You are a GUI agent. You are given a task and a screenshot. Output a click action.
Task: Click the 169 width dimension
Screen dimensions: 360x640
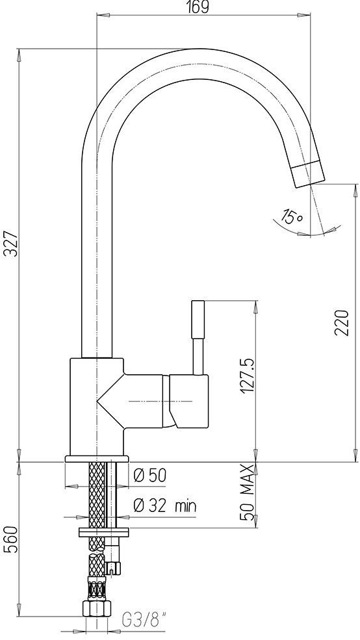coord(199,7)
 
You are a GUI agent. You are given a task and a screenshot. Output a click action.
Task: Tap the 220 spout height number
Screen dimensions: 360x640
coord(342,322)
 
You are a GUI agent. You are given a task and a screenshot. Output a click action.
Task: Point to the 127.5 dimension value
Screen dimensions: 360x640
coord(248,376)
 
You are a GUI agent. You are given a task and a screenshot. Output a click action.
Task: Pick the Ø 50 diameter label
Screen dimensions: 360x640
coord(150,475)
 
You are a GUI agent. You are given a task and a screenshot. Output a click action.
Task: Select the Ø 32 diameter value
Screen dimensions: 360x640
coord(150,506)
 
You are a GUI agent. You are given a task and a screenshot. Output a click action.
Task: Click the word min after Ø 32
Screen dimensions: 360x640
coord(185,507)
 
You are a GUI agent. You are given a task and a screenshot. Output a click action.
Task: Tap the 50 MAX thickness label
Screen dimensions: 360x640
coord(248,493)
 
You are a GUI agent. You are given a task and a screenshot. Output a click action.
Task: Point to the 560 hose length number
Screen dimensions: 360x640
coord(12,539)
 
